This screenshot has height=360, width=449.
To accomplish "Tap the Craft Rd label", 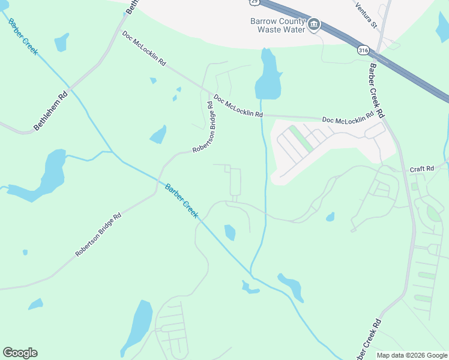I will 421,169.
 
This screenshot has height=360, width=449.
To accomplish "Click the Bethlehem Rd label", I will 51,111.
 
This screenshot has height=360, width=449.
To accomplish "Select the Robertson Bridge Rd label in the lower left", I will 98,235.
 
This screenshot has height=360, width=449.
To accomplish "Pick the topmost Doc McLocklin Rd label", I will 144,49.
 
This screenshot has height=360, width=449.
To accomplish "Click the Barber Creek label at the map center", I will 181,200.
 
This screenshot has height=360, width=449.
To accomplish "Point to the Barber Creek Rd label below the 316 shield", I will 376,91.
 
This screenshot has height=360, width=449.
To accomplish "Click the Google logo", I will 20,353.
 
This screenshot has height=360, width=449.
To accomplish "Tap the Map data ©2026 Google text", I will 412,355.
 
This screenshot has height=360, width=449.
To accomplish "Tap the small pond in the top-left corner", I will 61,42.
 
